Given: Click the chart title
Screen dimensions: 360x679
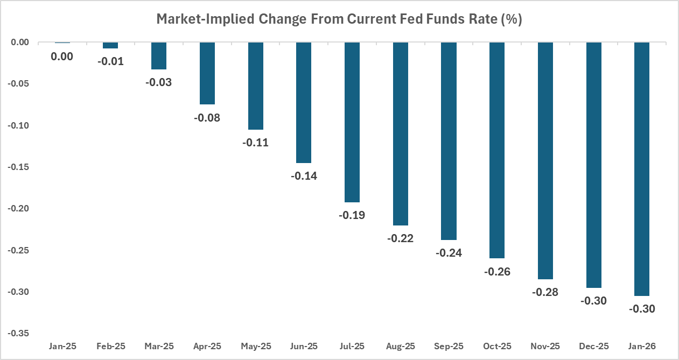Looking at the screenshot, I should (x=339, y=19).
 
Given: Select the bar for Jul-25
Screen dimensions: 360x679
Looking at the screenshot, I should (x=352, y=122).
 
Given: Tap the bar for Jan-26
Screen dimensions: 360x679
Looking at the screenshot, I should (x=642, y=169).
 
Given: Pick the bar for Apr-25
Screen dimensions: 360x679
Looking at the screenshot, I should (x=207, y=73).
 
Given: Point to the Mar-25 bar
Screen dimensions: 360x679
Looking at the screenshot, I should (x=159, y=56).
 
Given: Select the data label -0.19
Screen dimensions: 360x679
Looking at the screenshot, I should (x=352, y=215).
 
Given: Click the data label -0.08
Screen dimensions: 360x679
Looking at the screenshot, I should (x=207, y=117).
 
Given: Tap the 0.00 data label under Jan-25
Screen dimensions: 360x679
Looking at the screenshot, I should (x=62, y=56).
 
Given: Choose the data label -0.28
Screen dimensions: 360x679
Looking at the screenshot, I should (x=545, y=292).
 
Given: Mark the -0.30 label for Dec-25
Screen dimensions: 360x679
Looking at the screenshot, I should (x=593, y=301).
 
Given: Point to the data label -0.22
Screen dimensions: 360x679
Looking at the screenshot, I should (x=401, y=238).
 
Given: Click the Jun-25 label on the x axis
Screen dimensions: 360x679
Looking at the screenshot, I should (x=304, y=346).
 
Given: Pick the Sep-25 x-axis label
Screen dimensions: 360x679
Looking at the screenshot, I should (x=449, y=346).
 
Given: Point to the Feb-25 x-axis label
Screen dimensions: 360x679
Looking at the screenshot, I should (x=110, y=346).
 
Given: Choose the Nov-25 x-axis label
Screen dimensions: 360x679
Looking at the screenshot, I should (x=545, y=346).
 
